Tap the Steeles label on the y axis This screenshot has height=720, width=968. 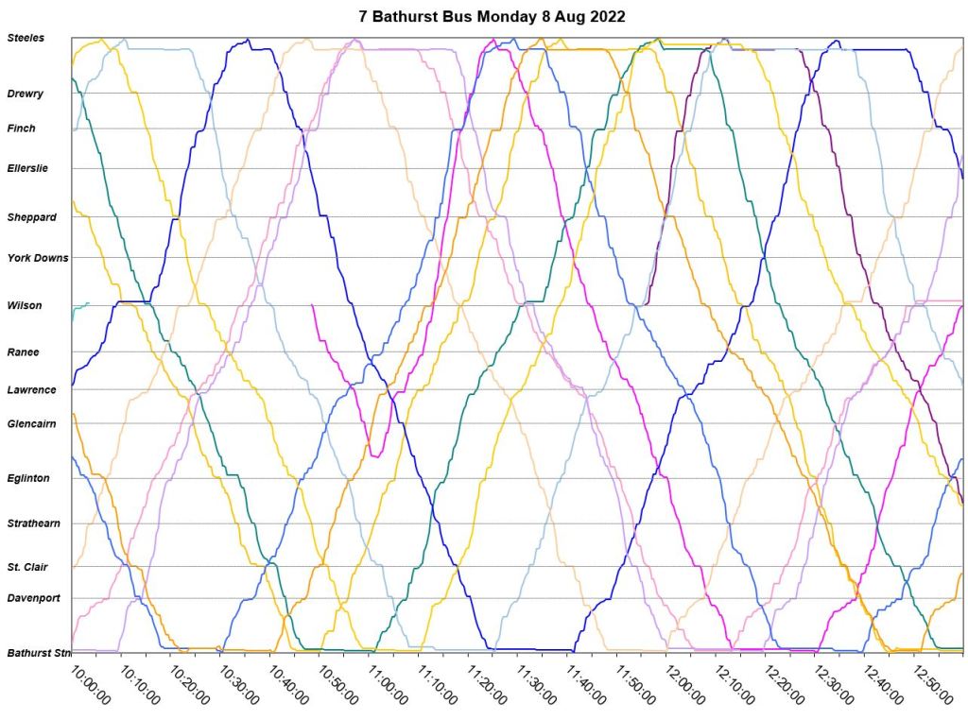tap(26, 38)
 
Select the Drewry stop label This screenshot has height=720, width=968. tap(26, 94)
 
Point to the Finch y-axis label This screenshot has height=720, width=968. tap(21, 129)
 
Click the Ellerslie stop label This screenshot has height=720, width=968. tap(27, 168)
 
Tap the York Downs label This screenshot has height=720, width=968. tap(38, 257)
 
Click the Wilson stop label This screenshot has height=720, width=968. tap(25, 305)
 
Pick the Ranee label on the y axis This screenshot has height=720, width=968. tap(24, 351)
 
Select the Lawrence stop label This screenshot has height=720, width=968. tap(32, 389)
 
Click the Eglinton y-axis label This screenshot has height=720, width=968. tap(28, 478)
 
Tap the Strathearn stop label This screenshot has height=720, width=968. tap(34, 523)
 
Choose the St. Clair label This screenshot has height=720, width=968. tap(28, 567)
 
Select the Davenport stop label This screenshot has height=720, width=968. tap(34, 598)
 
